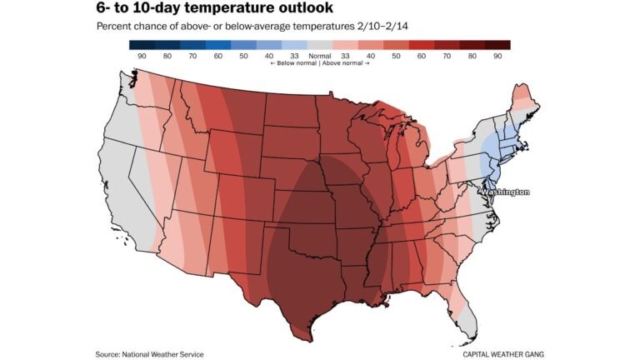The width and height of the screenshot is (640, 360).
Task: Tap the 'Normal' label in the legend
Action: (x=319, y=55)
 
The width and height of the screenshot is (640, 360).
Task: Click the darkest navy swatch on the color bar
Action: (x=142, y=44)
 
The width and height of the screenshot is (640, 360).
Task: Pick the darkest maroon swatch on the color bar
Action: (x=497, y=44)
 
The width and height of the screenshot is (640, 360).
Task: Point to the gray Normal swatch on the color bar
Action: (x=320, y=44)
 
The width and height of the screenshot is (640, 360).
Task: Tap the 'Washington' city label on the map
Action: (x=504, y=192)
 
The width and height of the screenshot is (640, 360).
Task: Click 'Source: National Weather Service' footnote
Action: (x=149, y=354)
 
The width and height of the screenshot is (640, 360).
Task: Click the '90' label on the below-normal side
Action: (x=142, y=55)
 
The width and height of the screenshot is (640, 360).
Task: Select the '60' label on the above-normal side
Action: (x=422, y=55)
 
